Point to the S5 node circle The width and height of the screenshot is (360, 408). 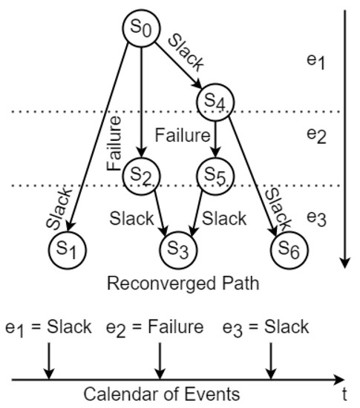(x=215, y=175)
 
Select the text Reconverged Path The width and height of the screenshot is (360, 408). (x=160, y=284)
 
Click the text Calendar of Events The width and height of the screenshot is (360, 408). (x=161, y=394)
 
